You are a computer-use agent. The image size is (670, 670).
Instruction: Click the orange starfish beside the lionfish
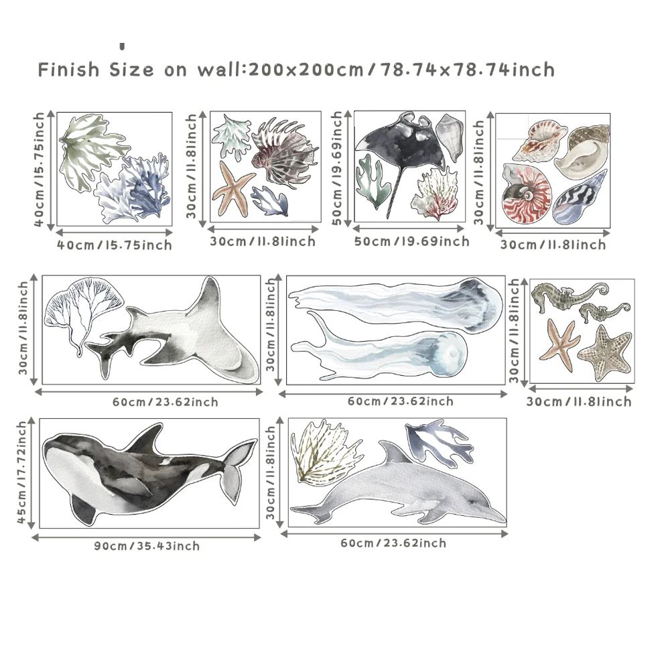click(x=233, y=191)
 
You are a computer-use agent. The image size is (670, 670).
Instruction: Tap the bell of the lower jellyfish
click(x=448, y=354)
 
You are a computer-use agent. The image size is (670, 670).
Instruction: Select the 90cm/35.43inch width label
click(x=147, y=546)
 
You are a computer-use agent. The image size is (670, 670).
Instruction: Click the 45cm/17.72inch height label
click(x=22, y=472)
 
